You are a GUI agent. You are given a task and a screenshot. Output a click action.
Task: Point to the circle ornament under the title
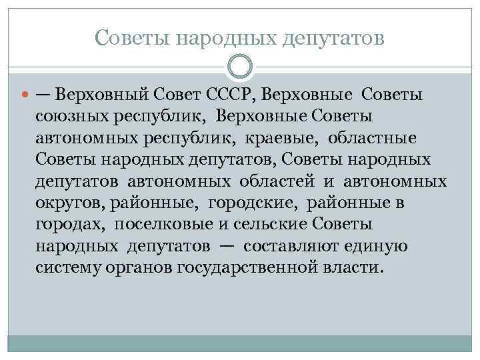click(x=239, y=65)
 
